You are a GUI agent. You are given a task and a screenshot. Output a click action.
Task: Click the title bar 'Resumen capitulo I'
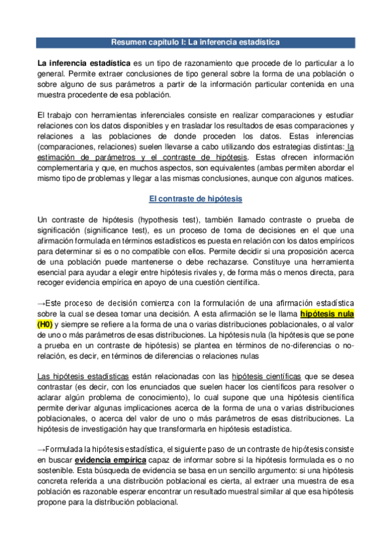click(x=195, y=42)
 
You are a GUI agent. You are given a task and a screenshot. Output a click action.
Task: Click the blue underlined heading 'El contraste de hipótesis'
click(x=195, y=199)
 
